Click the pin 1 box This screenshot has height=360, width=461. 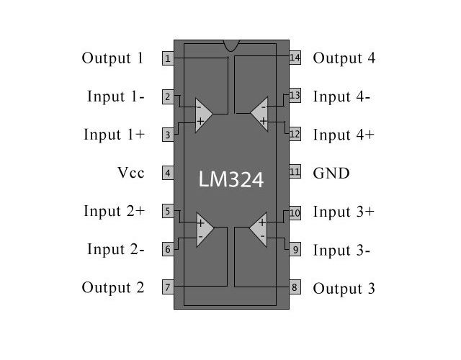(167, 58)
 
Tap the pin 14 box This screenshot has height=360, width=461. (295, 58)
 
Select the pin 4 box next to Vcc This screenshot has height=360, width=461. (167, 173)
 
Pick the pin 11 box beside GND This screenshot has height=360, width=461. (295, 173)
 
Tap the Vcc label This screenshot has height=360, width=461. (130, 173)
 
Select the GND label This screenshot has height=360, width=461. (331, 173)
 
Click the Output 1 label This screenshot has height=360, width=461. (113, 58)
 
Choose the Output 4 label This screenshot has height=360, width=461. (344, 58)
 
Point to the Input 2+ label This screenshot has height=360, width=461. (114, 212)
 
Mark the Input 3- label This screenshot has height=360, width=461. (341, 251)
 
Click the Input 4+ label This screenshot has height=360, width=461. (344, 135)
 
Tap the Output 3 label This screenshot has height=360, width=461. (344, 289)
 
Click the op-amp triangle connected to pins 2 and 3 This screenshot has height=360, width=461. (203, 114)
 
